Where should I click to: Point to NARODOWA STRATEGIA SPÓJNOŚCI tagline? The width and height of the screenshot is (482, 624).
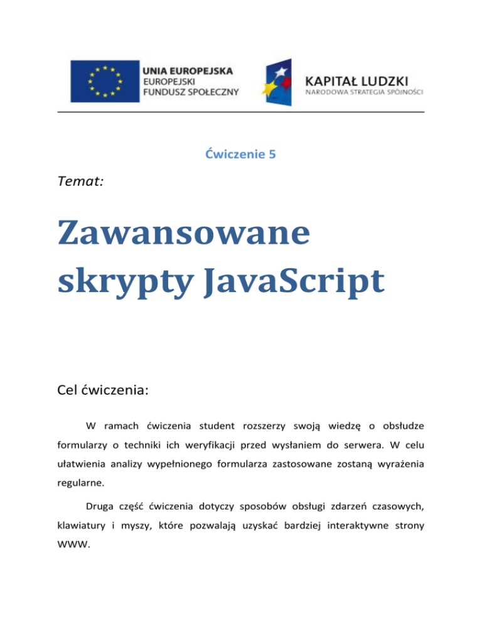[x=365, y=93]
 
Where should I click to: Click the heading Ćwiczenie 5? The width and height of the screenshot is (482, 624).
[x=240, y=154]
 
